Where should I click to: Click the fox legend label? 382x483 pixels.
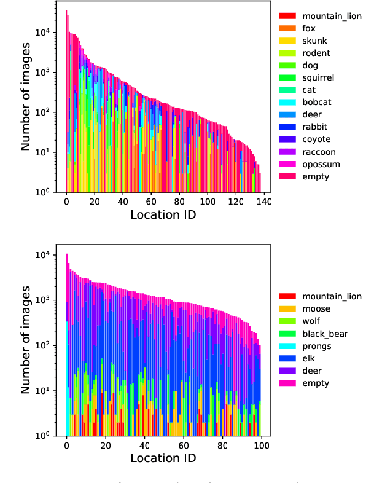point(308,28)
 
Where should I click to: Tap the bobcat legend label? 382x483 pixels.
point(315,103)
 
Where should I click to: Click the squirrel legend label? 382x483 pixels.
point(318,77)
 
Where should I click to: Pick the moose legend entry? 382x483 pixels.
point(316,308)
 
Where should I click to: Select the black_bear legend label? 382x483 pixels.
point(325,334)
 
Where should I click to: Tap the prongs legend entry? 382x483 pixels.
point(316,346)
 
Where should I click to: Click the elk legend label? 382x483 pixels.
point(308,358)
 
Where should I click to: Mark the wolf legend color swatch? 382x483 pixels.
point(287,321)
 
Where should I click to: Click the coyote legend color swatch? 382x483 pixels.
point(287,139)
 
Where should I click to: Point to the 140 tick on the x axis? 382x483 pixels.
point(264,201)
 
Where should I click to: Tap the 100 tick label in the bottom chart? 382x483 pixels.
point(260,445)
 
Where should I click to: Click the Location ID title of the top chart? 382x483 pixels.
point(163,215)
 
